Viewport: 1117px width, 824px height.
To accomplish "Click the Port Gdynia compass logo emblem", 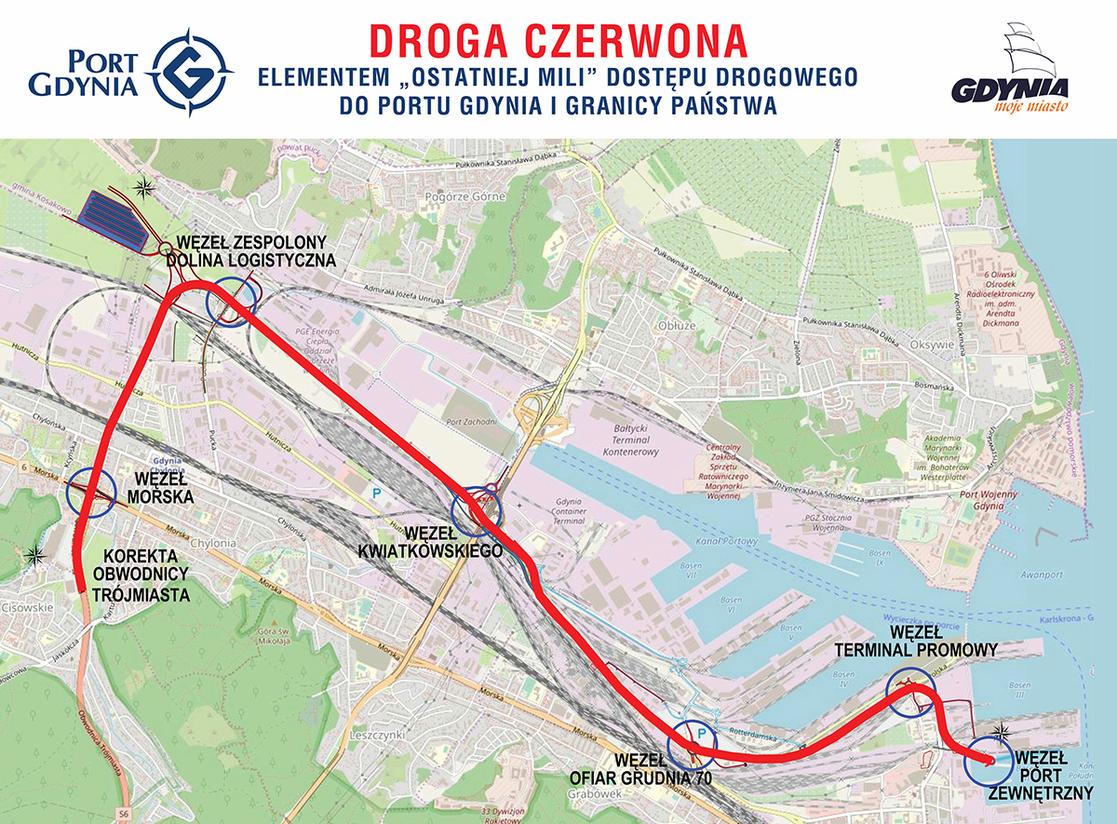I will (x=191, y=72).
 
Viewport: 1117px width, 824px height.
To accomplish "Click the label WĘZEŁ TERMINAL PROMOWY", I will (x=916, y=642).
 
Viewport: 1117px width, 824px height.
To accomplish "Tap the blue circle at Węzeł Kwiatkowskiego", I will (x=476, y=510).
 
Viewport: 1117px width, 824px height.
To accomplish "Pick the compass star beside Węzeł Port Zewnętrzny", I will (x=1002, y=730).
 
